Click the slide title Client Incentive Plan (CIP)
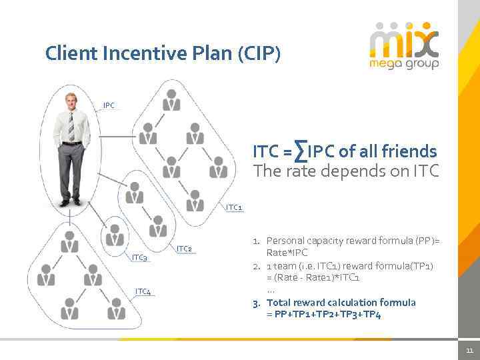[163, 53]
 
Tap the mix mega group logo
[404, 45]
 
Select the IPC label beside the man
[109, 105]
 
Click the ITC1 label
[234, 207]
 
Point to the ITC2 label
[184, 249]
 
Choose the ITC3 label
[139, 257]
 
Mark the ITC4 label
[143, 291]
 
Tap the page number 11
[469, 351]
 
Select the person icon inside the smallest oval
[115, 235]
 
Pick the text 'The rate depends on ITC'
[346, 171]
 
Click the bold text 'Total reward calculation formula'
[341, 302]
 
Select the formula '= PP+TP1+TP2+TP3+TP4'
[323, 314]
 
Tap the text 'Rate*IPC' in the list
[287, 253]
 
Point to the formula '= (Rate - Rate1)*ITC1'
[313, 277]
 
